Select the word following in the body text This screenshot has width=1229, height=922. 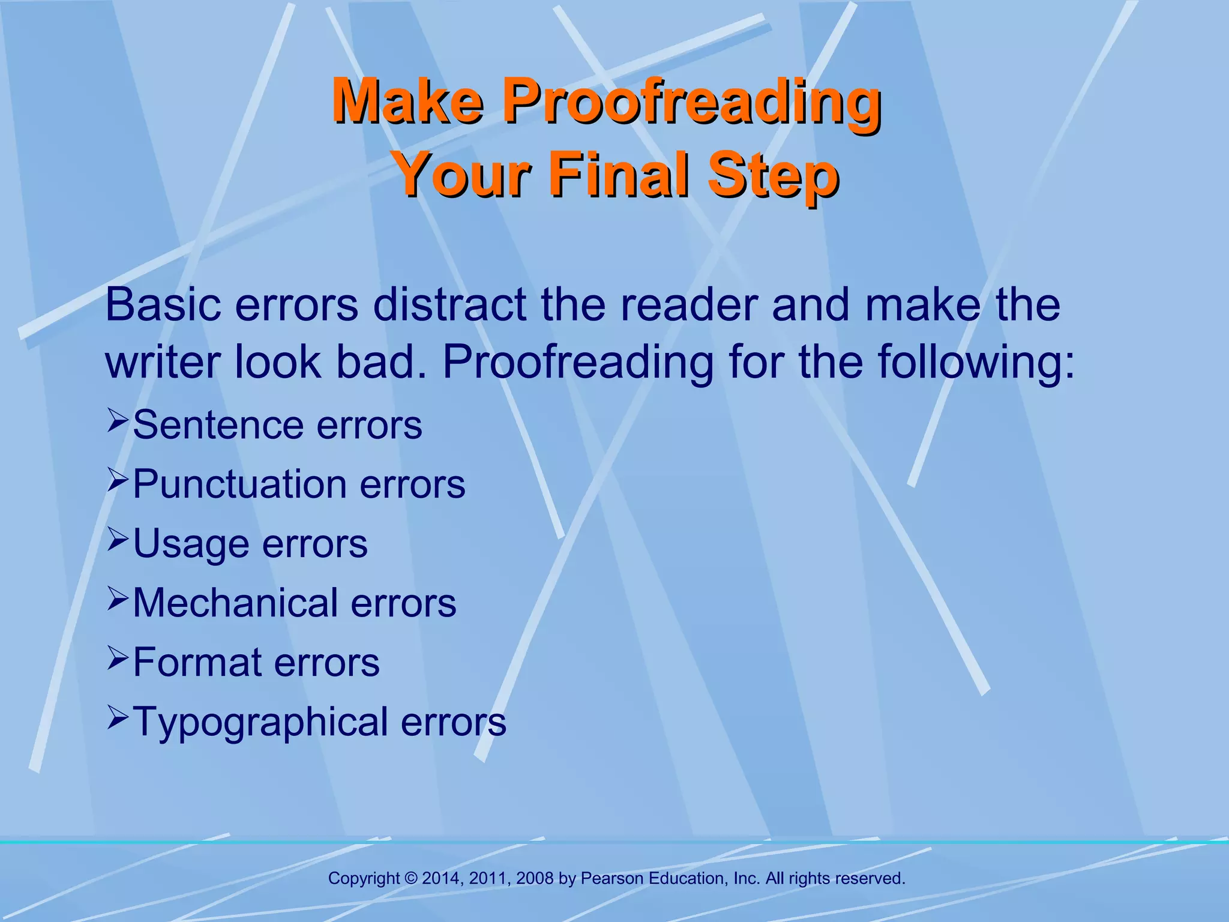coord(975,363)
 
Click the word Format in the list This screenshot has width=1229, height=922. coord(197,662)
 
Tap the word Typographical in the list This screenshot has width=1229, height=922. coord(260,722)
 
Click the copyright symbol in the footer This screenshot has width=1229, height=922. coord(410,879)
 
